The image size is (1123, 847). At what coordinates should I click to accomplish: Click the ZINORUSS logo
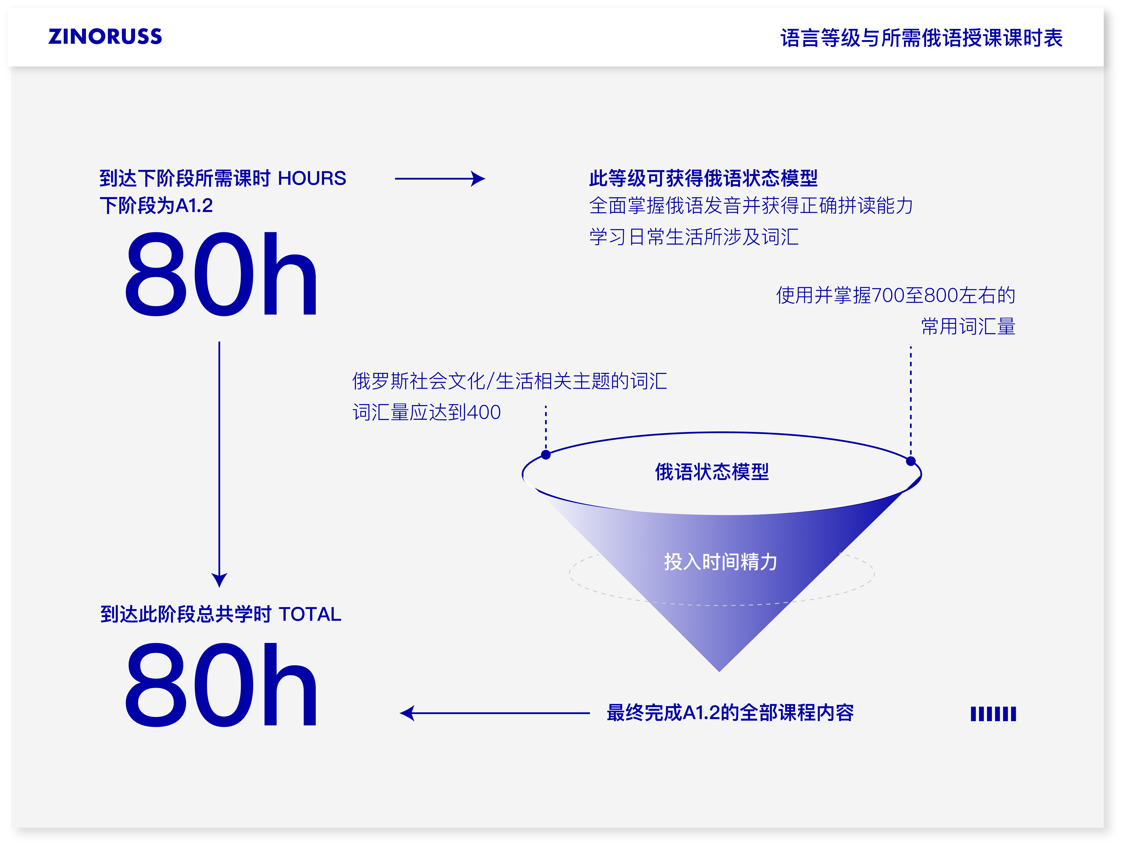105,37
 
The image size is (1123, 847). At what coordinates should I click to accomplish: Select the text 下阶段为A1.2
156,206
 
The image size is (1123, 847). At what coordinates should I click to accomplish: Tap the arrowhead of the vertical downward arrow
219,580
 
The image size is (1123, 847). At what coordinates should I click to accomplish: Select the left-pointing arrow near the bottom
495,713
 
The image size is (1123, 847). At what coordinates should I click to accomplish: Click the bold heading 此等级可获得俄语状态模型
703,178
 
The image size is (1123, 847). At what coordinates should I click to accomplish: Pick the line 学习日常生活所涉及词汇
694,237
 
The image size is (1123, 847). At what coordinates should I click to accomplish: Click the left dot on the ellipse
546,455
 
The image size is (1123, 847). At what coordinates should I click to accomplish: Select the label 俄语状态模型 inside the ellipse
712,472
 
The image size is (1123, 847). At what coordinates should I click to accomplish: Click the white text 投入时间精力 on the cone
720,562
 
